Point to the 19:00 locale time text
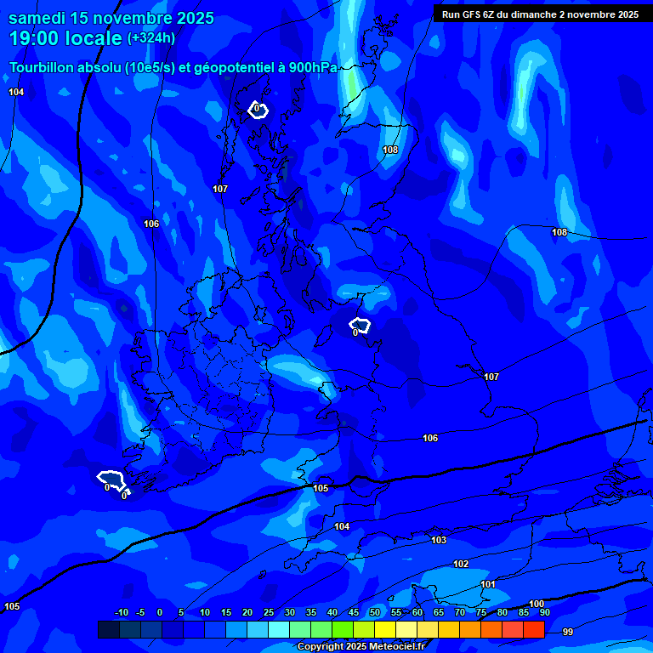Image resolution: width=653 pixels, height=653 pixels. [65, 38]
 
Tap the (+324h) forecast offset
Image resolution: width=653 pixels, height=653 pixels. [151, 38]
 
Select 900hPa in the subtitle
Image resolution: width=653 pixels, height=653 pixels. [313, 67]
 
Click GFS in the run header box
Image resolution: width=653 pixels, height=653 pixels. [474, 14]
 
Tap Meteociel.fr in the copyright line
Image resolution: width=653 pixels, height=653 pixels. [393, 646]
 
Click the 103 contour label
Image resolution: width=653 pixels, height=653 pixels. [439, 541]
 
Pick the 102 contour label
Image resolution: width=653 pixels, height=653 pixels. [461, 565]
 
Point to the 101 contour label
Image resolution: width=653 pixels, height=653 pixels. [488, 585]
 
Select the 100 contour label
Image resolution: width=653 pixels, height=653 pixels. [537, 604]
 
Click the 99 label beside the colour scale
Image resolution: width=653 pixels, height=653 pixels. [568, 632]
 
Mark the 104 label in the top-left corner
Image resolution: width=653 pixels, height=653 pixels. [16, 92]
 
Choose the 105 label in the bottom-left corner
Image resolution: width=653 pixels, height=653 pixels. [12, 606]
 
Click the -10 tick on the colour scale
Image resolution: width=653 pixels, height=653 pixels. [122, 612]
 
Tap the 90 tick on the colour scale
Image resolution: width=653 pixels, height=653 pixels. [544, 612]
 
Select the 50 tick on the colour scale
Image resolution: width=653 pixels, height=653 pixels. [374, 612]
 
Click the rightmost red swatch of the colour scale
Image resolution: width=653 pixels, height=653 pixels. [533, 629]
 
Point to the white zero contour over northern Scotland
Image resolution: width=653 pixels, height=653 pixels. [258, 110]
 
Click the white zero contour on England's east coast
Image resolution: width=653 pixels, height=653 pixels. [360, 325]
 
